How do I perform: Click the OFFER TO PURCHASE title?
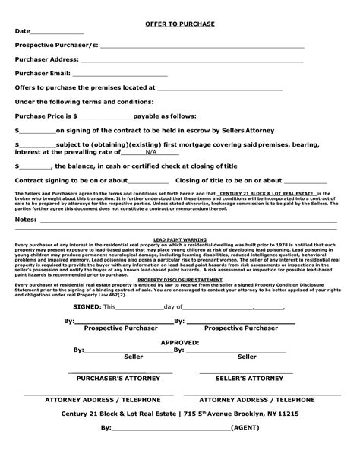click(x=180, y=24)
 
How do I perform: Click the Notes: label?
click(x=26, y=219)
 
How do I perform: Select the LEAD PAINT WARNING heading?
click(x=180, y=238)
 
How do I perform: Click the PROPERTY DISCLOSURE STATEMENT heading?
click(x=180, y=279)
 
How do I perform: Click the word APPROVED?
click(x=180, y=343)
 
